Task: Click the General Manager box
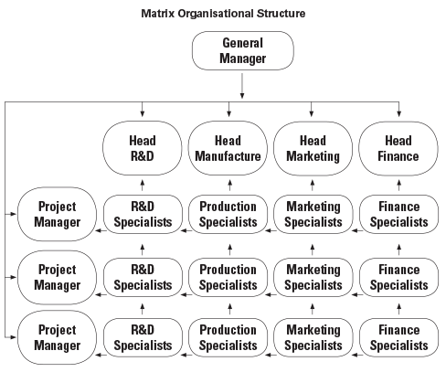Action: [x=243, y=50]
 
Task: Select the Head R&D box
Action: [x=143, y=148]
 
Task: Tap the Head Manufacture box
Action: [x=228, y=148]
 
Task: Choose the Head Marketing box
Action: [x=313, y=148]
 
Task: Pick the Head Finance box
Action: [x=398, y=148]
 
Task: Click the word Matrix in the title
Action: [x=158, y=14]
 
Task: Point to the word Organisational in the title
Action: [x=216, y=14]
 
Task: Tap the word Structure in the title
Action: [x=281, y=14]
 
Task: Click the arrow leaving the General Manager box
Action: [x=242, y=86]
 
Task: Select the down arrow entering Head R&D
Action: [x=143, y=110]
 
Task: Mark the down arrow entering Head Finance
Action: [x=399, y=110]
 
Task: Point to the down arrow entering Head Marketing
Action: [x=311, y=110]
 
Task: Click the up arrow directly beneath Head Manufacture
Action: [x=230, y=186]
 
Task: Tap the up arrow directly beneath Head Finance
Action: [x=399, y=186]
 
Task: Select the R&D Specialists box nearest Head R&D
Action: [x=143, y=214]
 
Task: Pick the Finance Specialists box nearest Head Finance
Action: [x=399, y=214]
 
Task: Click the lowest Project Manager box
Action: [x=57, y=337]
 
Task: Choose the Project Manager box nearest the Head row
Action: [x=57, y=214]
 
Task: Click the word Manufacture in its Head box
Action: [x=228, y=156]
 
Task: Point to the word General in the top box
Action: [x=243, y=43]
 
